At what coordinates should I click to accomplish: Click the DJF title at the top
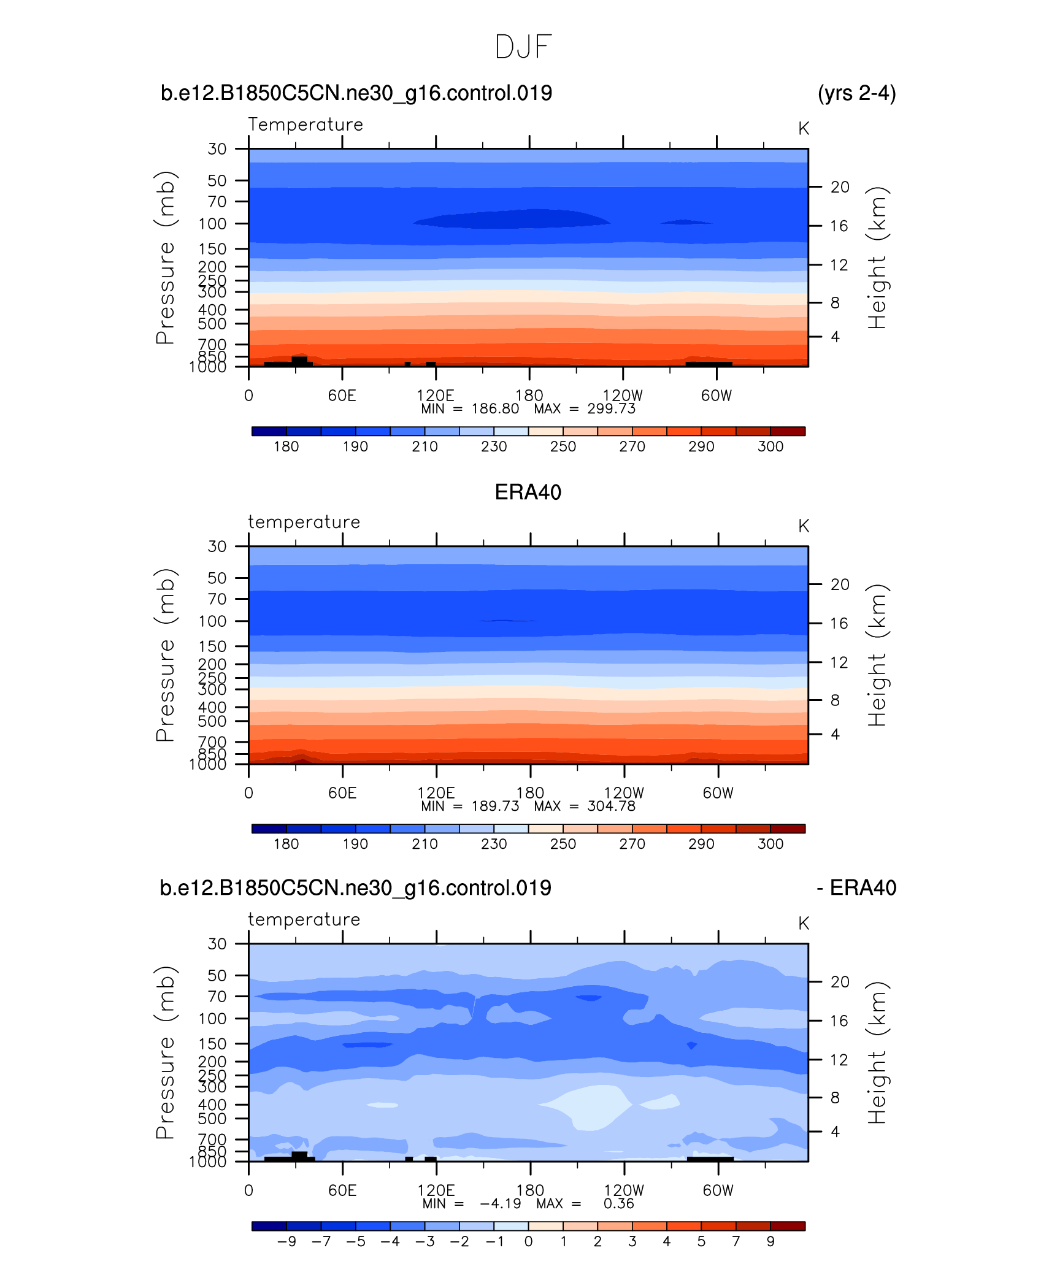point(523,47)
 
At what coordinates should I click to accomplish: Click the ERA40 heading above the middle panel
point(528,492)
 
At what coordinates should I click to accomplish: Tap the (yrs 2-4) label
point(856,93)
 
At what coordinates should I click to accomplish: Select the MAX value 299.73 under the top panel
point(611,409)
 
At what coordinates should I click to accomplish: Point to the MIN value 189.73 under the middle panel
point(495,806)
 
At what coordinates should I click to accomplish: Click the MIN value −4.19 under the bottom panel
point(500,1203)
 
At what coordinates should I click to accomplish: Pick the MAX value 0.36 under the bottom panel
point(618,1203)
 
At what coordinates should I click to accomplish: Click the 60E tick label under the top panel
point(342,396)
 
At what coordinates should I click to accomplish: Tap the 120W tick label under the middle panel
point(624,793)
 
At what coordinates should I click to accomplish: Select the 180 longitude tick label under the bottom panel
point(530,1190)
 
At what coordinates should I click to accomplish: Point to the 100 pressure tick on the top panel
point(212,224)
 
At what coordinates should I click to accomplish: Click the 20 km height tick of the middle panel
point(840,584)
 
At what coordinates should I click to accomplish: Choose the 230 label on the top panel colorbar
point(494,446)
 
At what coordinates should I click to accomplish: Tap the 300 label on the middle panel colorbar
point(770,844)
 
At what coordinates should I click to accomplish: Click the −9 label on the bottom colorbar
point(286,1241)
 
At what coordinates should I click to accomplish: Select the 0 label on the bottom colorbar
point(528,1241)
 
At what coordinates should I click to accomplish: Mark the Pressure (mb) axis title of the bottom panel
point(165,1052)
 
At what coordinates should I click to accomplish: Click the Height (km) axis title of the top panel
point(877,258)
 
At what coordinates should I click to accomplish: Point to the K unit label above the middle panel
point(804,526)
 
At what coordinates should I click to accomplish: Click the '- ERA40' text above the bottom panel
point(856,888)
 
